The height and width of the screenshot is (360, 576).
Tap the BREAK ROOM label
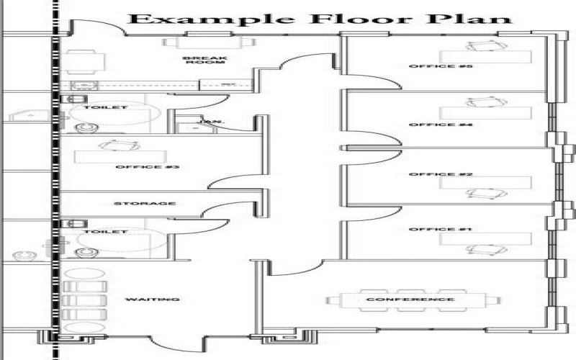pos(195,60)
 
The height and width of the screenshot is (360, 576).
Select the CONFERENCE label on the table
pos(410,300)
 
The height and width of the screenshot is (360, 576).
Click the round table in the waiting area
pos(85,275)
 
